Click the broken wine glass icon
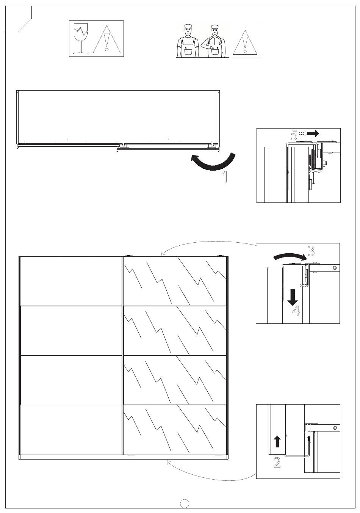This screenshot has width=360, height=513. tap(81, 38)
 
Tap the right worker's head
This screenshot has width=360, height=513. tap(215, 30)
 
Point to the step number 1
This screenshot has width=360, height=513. tap(225, 177)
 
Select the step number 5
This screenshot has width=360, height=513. tap(294, 134)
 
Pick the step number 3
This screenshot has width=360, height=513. tap(311, 251)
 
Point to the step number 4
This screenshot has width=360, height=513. tap(296, 311)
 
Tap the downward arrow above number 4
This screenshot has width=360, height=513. tap(292, 297)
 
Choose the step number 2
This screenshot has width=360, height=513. tap(277, 462)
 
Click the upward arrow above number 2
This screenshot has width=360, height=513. tap(277, 441)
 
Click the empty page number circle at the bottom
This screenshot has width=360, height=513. tap(185, 503)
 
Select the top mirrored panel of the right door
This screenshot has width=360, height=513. tap(175, 281)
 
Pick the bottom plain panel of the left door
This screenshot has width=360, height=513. tap(71, 430)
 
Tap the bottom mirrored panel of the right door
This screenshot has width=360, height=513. tap(175, 430)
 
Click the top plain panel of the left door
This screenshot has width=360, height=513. tap(71, 281)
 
